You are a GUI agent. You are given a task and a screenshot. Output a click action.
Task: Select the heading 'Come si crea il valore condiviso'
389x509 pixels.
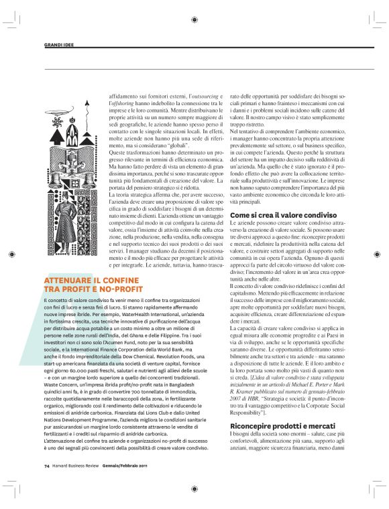click(274, 214)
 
